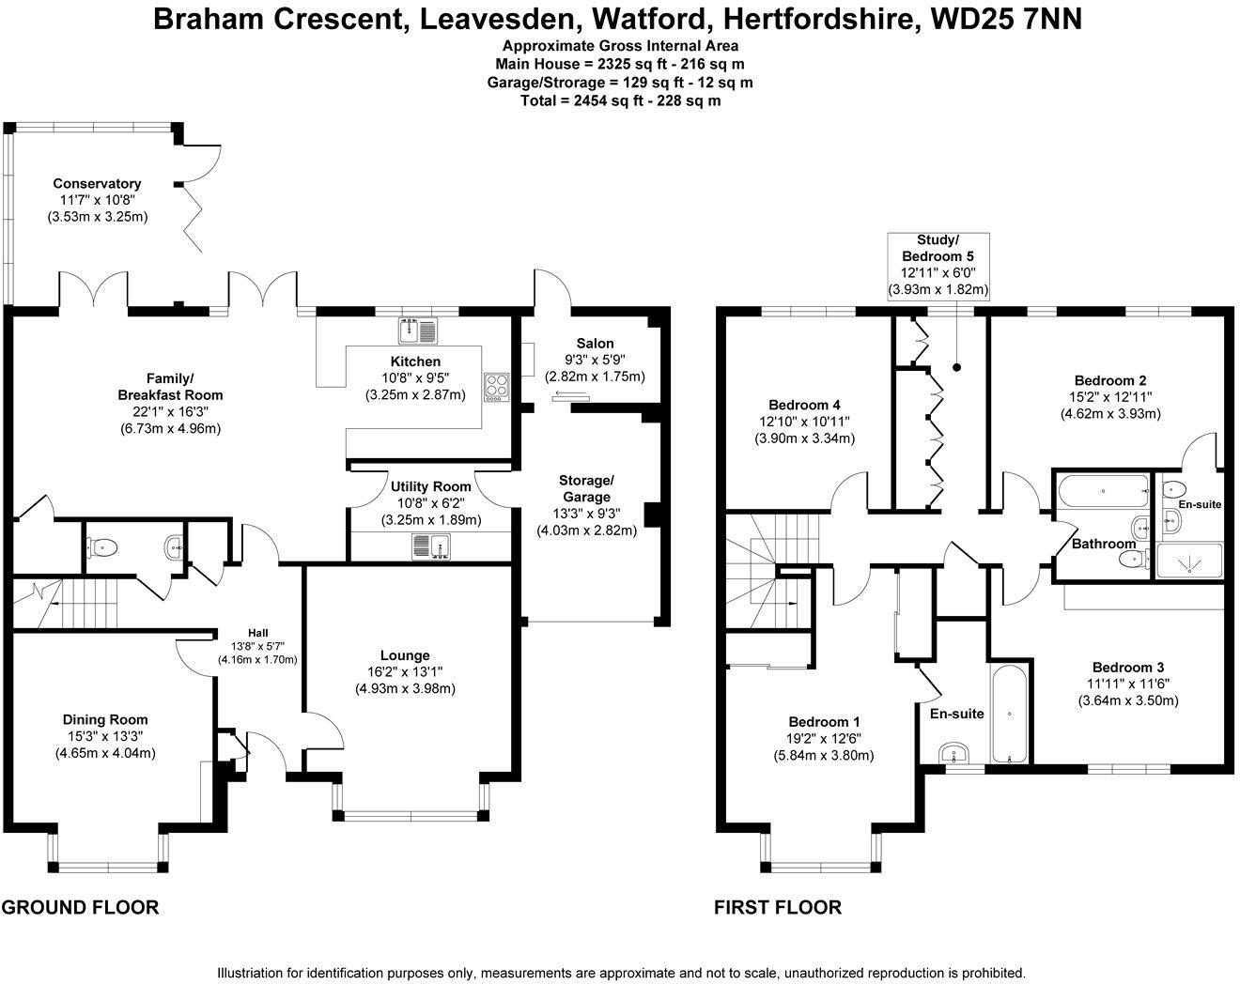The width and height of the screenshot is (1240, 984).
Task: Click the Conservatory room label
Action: click(97, 184)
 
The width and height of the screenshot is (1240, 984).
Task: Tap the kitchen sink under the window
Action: click(418, 331)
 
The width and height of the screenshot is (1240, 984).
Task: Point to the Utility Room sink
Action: click(431, 546)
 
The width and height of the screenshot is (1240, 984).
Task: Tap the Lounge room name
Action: click(405, 655)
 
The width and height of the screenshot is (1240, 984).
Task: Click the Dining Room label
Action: click(105, 719)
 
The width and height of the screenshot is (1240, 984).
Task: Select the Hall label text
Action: click(257, 632)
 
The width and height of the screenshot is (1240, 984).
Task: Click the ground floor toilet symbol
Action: click(103, 546)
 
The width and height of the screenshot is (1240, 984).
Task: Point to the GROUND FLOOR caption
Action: click(80, 907)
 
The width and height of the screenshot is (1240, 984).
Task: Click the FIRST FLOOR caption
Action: click(778, 907)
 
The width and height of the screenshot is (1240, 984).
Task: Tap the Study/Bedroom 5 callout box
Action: click(938, 266)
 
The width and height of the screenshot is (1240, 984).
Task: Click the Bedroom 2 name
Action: click(1110, 380)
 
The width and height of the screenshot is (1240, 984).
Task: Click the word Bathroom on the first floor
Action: click(1104, 544)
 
